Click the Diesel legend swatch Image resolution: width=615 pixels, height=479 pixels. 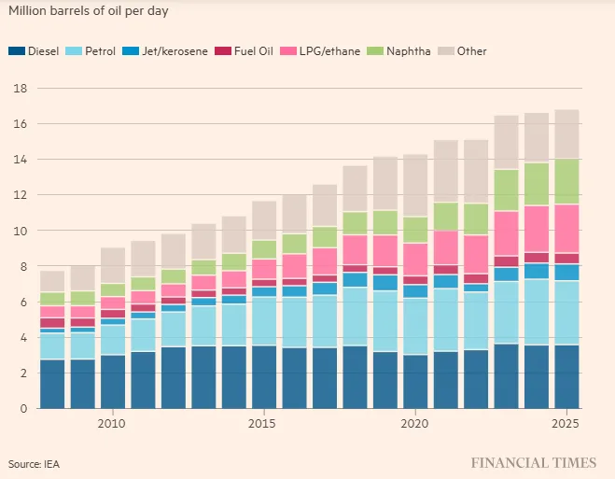pos(17,51)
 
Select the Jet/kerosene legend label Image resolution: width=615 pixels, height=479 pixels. pos(175,51)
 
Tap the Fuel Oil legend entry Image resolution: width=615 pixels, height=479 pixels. pos(244,51)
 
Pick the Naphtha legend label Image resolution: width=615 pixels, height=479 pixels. pos(409,51)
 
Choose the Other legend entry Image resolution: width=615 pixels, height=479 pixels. pos(463,51)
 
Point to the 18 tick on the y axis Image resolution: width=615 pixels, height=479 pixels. pos(21,89)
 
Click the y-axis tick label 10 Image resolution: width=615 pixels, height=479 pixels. pos(21,231)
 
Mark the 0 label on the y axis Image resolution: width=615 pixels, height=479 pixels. pos(24,408)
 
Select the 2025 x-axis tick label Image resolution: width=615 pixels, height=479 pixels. pos(566,424)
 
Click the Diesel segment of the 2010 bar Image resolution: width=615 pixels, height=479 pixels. pos(113,382)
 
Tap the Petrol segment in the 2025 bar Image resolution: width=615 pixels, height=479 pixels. pos(566,313)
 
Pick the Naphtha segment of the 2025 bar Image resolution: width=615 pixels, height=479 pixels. pos(566,182)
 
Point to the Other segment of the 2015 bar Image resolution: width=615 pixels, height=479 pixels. pos(264,221)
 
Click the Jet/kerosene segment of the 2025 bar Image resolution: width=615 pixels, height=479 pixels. pos(566,273)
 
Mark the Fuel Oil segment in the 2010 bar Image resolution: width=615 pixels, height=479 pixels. pos(113,314)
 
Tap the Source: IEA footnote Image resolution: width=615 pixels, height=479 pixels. pos(35,464)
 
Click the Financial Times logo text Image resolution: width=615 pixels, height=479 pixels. pos(534,462)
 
